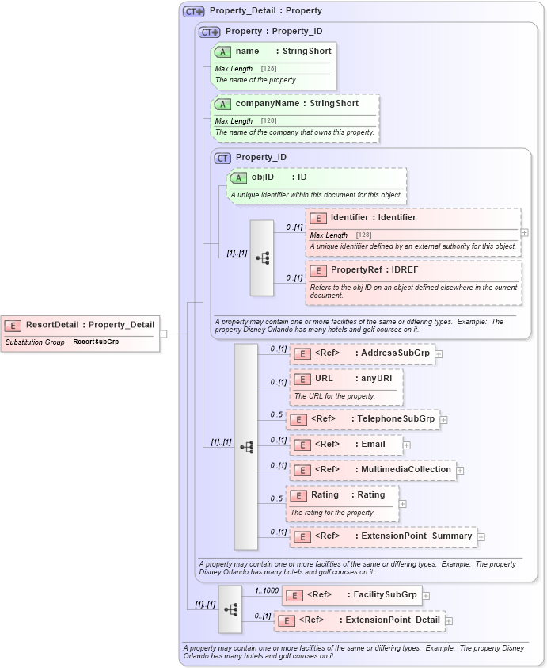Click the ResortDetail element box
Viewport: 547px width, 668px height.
click(x=79, y=324)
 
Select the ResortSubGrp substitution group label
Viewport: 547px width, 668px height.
click(x=96, y=342)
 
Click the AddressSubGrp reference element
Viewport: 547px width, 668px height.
click(x=363, y=353)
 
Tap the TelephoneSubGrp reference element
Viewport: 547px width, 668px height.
click(x=363, y=419)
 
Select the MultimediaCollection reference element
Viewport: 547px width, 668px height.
click(x=372, y=470)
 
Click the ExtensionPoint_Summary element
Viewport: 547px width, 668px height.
click(x=383, y=536)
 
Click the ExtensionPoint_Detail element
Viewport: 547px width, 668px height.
click(x=359, y=620)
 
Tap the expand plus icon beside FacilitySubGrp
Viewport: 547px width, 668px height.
click(x=426, y=595)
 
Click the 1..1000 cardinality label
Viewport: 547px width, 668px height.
click(x=266, y=590)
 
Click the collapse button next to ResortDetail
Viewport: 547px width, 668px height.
click(x=163, y=334)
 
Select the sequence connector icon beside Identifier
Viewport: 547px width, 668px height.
click(x=262, y=258)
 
